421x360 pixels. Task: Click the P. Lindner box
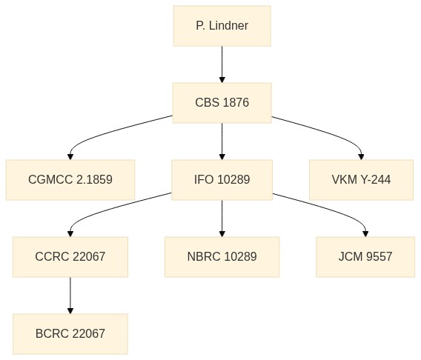(x=222, y=26)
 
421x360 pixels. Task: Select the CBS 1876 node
(x=222, y=103)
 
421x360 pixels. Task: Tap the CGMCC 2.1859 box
(x=70, y=180)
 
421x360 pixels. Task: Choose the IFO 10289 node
(x=222, y=180)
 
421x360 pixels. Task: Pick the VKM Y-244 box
(x=361, y=180)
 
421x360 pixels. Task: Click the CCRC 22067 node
(x=70, y=257)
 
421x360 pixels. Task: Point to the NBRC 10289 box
(x=222, y=257)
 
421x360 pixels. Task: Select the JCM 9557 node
(x=365, y=257)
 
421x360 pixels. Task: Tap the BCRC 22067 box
(x=70, y=334)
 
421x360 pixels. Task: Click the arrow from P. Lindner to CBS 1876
(x=222, y=64)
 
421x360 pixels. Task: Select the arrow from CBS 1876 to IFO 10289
(x=222, y=141)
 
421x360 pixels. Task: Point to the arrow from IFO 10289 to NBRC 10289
(x=222, y=219)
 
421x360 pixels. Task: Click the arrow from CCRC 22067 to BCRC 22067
(x=70, y=296)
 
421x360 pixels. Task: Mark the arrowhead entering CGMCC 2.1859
(x=70, y=157)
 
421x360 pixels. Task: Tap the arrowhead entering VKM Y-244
(x=361, y=157)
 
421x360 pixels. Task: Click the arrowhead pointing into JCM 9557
(x=365, y=234)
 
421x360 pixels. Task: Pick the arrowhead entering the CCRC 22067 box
(x=70, y=234)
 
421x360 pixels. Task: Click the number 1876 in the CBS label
(x=236, y=103)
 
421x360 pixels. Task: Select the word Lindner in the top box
(x=228, y=26)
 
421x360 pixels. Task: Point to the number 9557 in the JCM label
(x=379, y=257)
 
